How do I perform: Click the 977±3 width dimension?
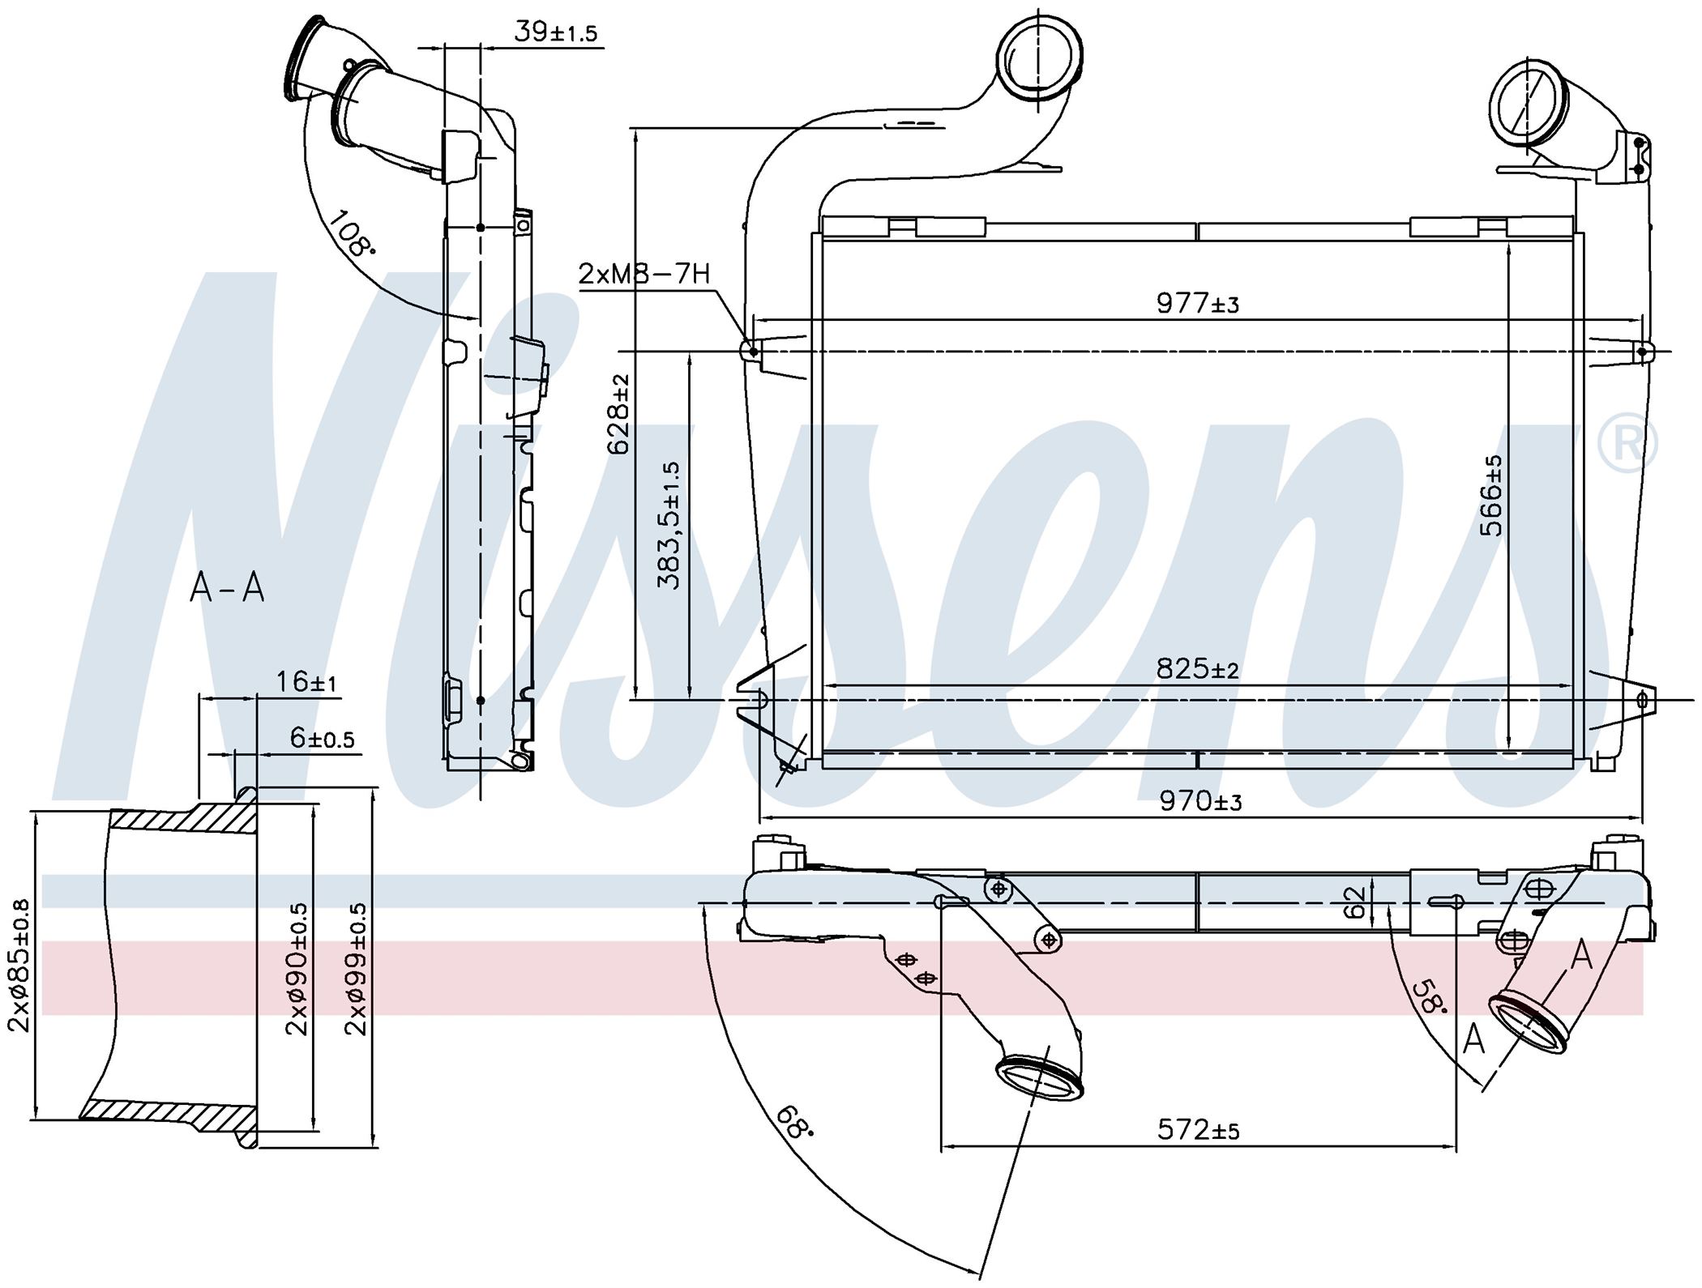click(1198, 304)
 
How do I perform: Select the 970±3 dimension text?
click(1200, 801)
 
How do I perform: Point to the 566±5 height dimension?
click(1490, 496)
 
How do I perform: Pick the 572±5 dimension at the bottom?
click(1199, 1129)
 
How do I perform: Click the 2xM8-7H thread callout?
click(644, 274)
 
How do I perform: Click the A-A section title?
click(228, 587)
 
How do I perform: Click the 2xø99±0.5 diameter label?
click(356, 969)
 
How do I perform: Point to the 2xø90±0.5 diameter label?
click(297, 969)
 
